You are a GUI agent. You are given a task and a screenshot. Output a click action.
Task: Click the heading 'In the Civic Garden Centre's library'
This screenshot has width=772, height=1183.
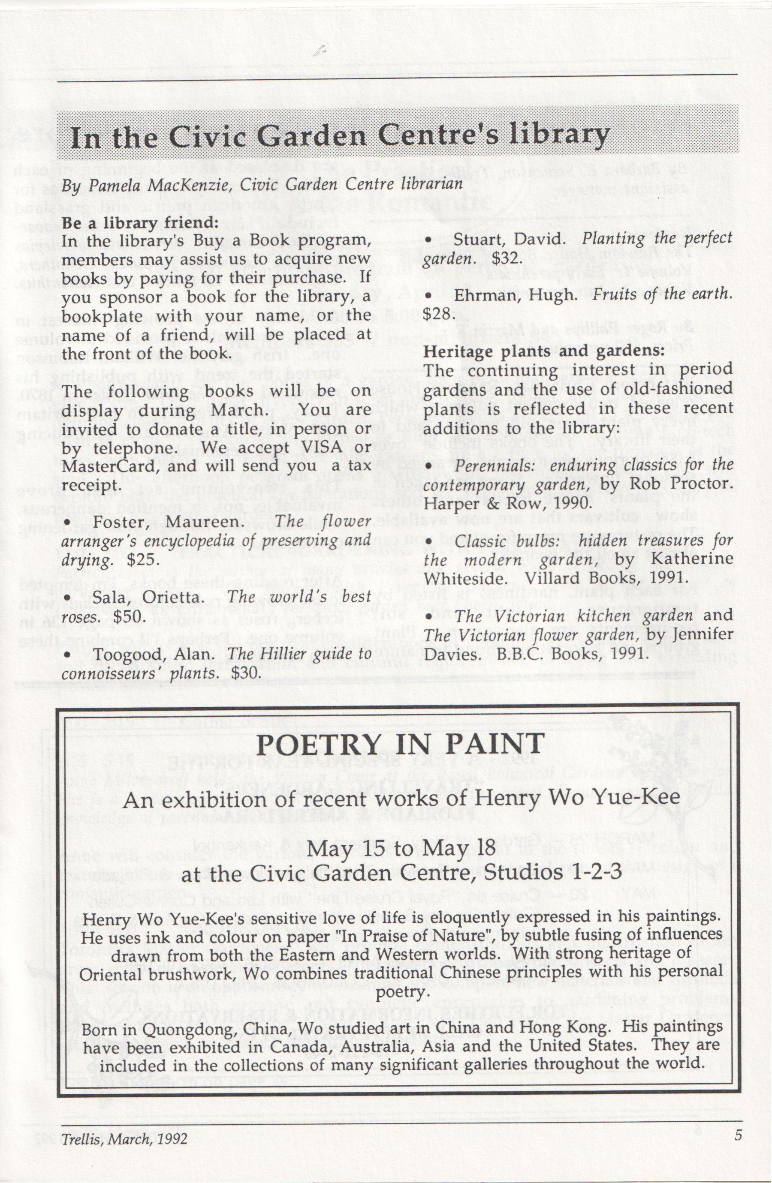[340, 137]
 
